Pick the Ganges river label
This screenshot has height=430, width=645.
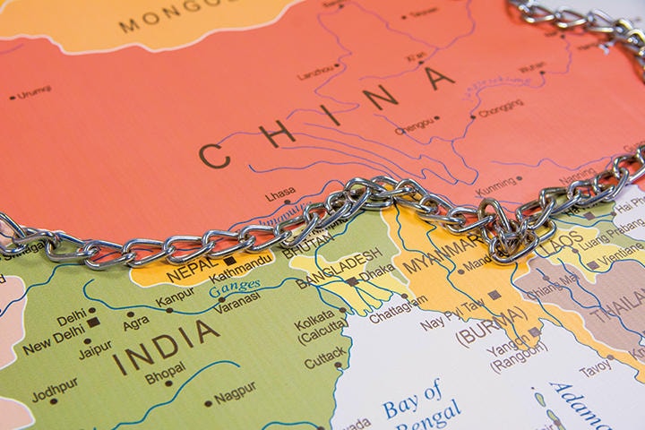[236, 287]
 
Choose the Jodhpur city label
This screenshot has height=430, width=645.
[55, 395]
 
